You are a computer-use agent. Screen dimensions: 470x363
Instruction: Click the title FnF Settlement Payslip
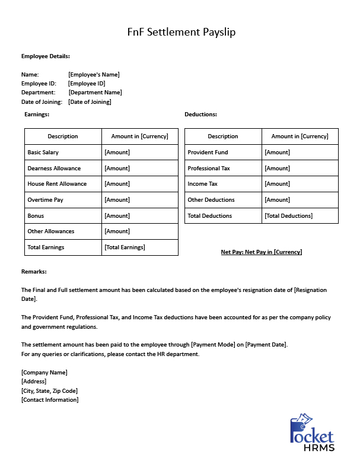[181, 32]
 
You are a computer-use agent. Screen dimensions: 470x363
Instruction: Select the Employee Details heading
[46, 56]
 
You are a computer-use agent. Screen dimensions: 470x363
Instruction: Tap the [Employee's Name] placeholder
[94, 75]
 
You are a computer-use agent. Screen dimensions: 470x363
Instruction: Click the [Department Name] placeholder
[95, 93]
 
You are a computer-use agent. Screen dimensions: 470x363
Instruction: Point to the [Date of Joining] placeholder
[90, 102]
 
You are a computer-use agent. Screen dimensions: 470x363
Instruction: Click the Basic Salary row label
[43, 153]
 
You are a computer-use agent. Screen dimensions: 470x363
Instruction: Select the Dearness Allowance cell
[54, 169]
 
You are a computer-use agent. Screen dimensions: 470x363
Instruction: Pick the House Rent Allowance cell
[57, 184]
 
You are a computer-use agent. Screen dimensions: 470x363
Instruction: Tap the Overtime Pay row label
[45, 200]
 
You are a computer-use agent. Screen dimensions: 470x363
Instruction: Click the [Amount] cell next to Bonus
[117, 216]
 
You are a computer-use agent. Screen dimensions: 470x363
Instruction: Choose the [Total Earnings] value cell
[125, 247]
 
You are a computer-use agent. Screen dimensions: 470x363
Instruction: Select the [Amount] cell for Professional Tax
[277, 169]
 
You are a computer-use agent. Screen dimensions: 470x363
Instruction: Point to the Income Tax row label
[202, 184]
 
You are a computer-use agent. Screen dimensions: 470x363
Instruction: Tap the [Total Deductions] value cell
[288, 216]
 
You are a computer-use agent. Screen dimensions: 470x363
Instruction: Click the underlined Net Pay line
[261, 252]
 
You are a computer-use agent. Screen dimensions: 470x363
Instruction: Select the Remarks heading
[34, 272]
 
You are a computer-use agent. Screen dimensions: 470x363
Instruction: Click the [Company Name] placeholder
[44, 373]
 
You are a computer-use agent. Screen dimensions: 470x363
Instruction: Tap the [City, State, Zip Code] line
[49, 391]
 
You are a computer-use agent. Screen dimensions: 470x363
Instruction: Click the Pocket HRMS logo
[312, 433]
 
